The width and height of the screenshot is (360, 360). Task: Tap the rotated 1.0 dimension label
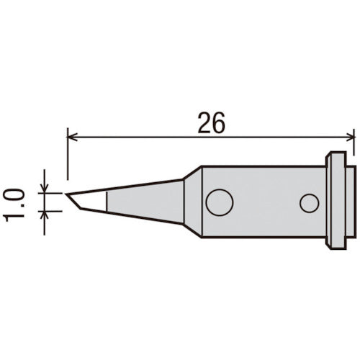pyautogui.click(x=17, y=204)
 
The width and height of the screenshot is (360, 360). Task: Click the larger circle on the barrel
pyautogui.click(x=219, y=202)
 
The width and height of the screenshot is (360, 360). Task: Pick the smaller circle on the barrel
pyautogui.click(x=310, y=204)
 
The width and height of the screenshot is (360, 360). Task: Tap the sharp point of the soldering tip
pyautogui.click(x=67, y=195)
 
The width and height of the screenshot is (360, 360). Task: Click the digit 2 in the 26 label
pyautogui.click(x=204, y=124)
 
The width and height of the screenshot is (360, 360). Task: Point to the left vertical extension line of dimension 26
pyautogui.click(x=67, y=155)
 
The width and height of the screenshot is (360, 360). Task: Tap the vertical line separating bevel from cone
pyautogui.click(x=107, y=201)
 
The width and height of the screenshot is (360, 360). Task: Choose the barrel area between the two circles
pyautogui.click(x=265, y=203)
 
